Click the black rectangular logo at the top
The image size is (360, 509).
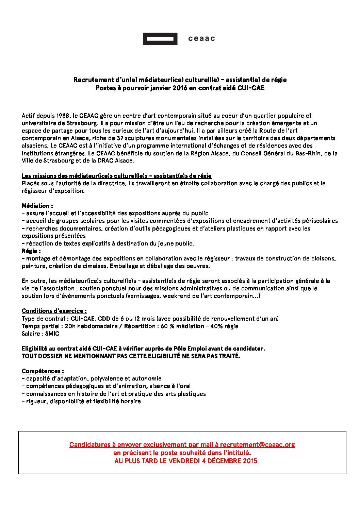coord(160,39)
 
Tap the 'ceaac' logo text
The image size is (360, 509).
coord(201,38)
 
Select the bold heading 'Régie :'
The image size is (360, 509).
coord(31,251)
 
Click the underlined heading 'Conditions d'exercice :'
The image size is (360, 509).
coord(54,311)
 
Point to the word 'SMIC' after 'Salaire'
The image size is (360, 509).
coord(52,334)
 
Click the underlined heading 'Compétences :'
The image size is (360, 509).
coord(43,371)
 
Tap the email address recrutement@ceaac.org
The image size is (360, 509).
coord(257,445)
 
